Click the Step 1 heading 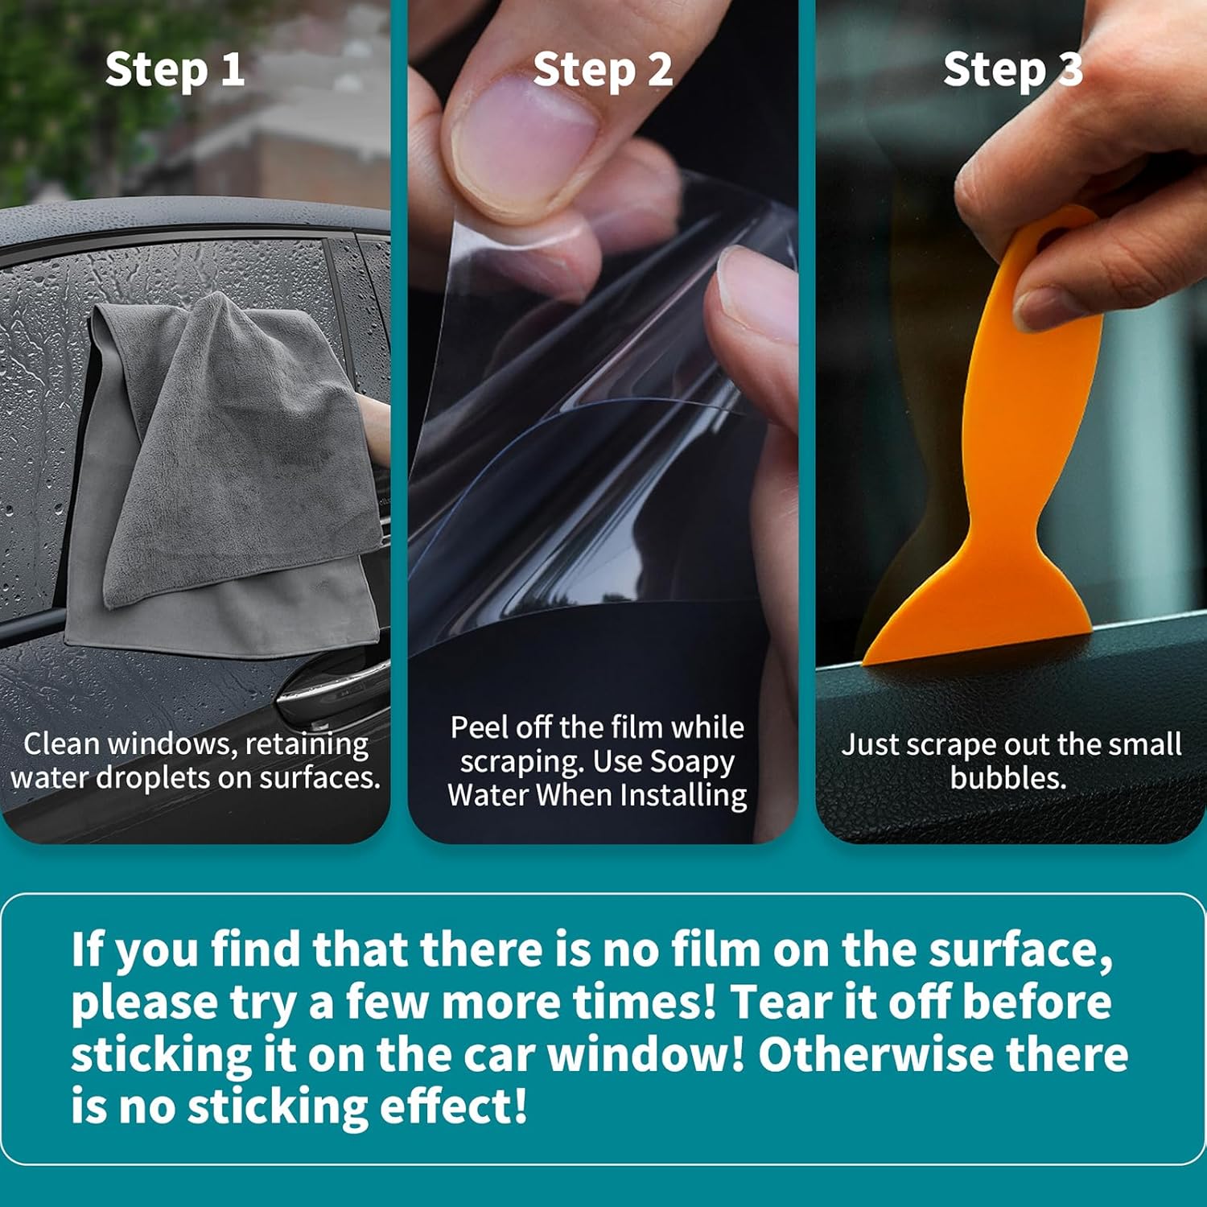click(x=175, y=70)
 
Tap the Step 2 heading click(x=603, y=70)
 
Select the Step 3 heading click(x=1013, y=70)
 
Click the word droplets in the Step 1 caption click(x=156, y=778)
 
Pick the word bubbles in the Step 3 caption click(x=1007, y=778)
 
